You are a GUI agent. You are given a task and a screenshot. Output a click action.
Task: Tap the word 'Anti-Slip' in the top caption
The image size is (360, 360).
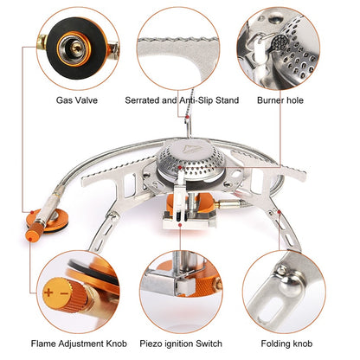[x=198, y=100]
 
